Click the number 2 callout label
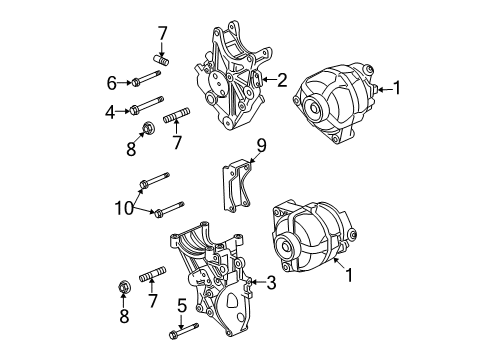pyautogui.click(x=283, y=79)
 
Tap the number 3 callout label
pyautogui.click(x=271, y=283)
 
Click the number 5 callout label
pyautogui.click(x=181, y=307)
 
